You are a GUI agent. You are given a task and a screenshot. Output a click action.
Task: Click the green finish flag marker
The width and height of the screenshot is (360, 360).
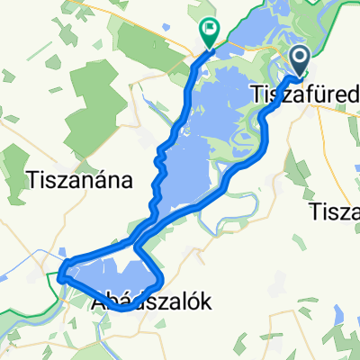pyautogui.click(x=210, y=33)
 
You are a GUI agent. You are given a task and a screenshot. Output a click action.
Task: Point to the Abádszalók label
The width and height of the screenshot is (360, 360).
pyautogui.click(x=152, y=303)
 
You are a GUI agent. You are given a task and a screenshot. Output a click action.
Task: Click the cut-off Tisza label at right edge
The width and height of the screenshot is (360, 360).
pyautogui.click(x=334, y=212)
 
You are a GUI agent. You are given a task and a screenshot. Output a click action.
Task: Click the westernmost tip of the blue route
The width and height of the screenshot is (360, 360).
pyautogui.click(x=60, y=277)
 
